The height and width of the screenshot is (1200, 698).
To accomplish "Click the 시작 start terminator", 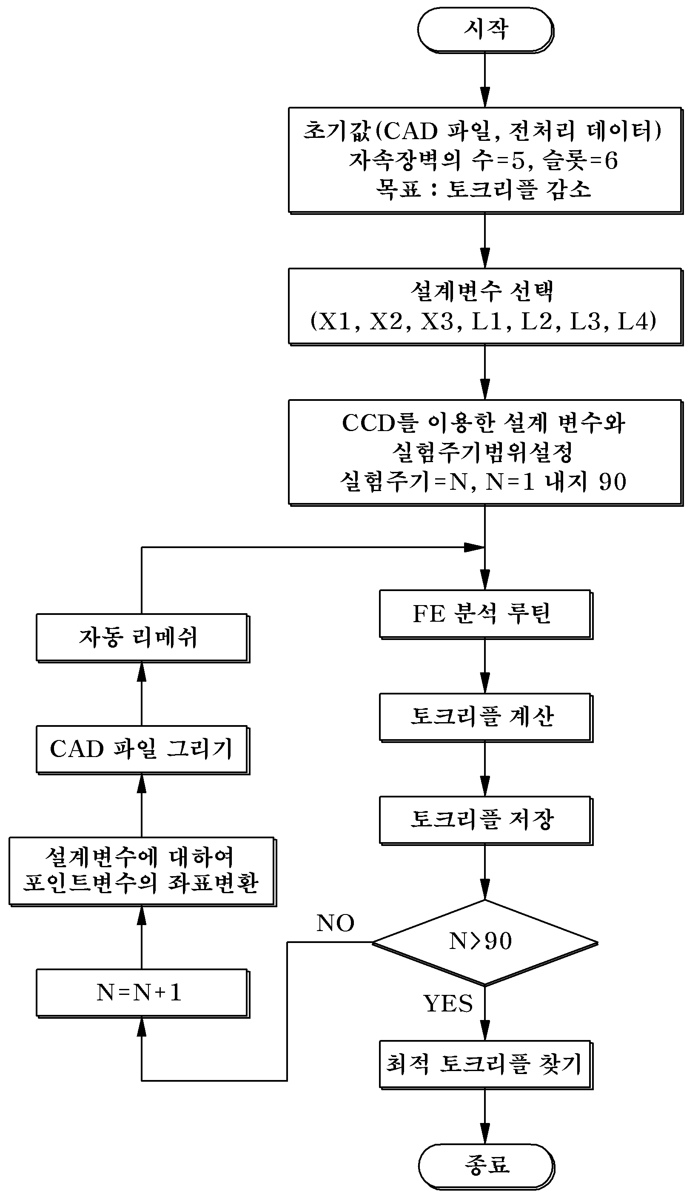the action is [485, 29].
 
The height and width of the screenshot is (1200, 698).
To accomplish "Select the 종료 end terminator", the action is [486, 1166].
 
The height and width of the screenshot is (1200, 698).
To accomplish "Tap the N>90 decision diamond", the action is [485, 943].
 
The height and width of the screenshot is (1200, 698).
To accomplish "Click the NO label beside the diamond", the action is [335, 923].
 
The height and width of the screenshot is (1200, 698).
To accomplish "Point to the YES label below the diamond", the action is [447, 1003].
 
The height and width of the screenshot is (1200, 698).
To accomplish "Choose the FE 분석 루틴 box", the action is [486, 614].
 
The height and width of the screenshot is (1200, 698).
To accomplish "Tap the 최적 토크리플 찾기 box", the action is [486, 1064].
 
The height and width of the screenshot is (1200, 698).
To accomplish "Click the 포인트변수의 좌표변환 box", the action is [142, 871].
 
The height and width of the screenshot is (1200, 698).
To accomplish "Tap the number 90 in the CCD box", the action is [613, 481].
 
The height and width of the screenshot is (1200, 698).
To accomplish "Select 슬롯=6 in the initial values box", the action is [581, 160].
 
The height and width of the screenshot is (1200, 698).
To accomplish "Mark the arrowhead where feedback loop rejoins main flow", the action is [475, 547].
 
